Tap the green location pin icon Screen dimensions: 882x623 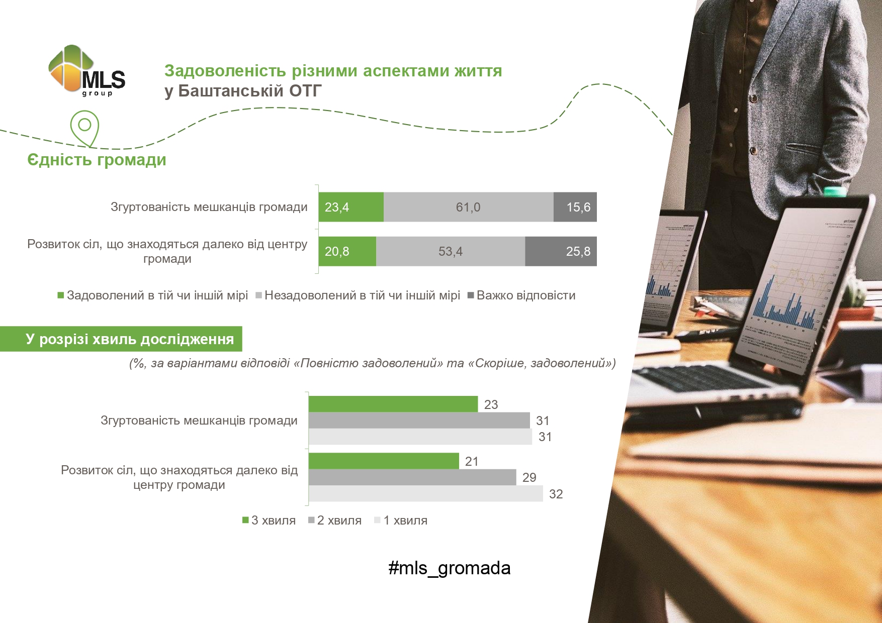pos(84,129)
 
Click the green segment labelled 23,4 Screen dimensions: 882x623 pos(351,207)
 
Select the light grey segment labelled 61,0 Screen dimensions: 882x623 pos(469,207)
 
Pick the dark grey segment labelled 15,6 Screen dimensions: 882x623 pos(575,207)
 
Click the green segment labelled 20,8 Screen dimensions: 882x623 pos(347,251)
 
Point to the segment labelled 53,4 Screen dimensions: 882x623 pos(451,251)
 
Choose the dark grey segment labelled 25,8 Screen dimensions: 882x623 pos(561,251)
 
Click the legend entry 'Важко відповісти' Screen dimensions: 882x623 pos(521,295)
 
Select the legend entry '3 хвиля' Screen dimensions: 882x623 pos(269,521)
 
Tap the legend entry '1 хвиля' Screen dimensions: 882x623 pos(401,521)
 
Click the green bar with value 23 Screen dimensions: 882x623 pos(393,404)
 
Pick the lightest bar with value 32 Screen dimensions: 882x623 pos(426,493)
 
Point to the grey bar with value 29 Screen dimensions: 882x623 pos(412,477)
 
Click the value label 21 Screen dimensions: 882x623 pos(472,461)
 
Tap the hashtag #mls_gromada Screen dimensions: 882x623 pos(450,568)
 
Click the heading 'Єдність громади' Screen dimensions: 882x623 pos(97,160)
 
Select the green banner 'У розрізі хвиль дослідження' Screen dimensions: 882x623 pos(121,339)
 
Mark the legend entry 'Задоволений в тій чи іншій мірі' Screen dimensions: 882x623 pos(153,295)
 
